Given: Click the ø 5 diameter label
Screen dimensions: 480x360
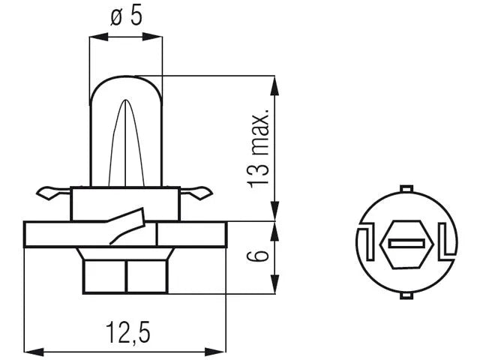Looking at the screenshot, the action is coord(126,16).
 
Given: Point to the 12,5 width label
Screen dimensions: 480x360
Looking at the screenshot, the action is coord(128,332).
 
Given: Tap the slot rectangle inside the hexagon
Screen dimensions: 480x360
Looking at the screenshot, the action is coord(406,244).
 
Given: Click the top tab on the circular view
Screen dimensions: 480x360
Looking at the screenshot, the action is coord(406,188).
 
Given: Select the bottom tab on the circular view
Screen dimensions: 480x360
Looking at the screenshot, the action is coord(406,295).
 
